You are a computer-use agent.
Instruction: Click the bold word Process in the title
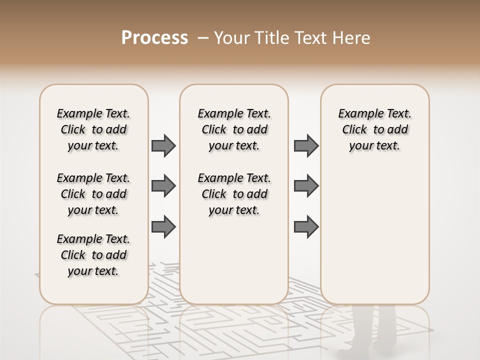[154, 38]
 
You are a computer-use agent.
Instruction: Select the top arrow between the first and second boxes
[163, 146]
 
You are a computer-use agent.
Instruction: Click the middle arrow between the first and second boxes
[163, 186]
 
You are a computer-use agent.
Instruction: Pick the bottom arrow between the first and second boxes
[163, 227]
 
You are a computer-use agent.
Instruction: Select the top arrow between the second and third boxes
[306, 146]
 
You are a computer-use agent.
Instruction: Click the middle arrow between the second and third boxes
[306, 186]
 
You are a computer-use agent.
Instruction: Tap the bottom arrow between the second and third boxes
[306, 227]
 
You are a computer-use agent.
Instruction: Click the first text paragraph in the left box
[93, 129]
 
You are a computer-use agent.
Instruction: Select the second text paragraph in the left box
[93, 194]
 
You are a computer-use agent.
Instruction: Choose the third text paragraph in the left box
[93, 255]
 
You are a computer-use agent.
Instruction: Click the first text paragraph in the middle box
[234, 129]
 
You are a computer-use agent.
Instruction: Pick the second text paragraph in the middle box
[234, 194]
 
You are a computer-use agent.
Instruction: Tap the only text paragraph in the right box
[374, 129]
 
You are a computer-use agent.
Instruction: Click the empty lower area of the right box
[374, 235]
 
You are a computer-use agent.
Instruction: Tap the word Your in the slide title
[231, 38]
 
